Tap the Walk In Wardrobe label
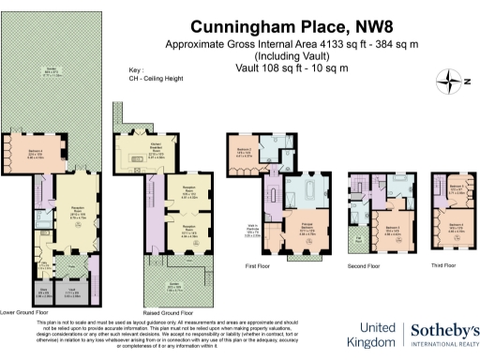click(253, 227)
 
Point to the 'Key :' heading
click(136, 70)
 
